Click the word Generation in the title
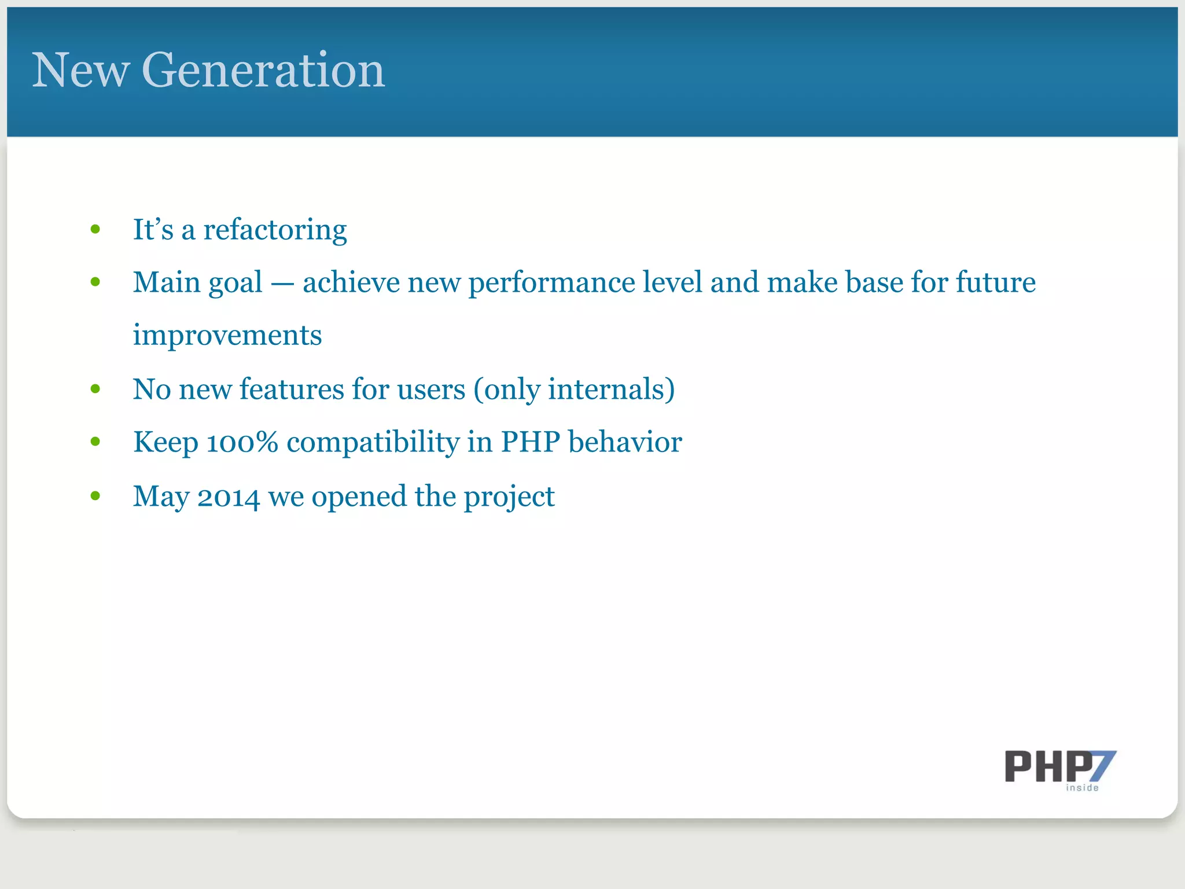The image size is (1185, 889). tap(263, 70)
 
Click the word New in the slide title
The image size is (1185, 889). tap(80, 70)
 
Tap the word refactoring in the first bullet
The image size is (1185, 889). tap(275, 230)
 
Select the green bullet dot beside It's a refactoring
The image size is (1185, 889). tap(95, 230)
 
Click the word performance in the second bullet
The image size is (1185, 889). tap(551, 283)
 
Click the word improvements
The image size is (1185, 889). tap(227, 335)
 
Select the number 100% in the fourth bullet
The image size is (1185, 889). tap(242, 442)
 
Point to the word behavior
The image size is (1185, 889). tap(625, 442)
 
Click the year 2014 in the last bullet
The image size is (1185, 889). tap(229, 497)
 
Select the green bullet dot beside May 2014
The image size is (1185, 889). tap(95, 496)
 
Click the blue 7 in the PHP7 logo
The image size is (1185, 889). tap(1102, 765)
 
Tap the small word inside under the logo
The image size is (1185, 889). tap(1082, 788)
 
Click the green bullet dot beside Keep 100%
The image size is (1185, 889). tap(95, 442)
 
